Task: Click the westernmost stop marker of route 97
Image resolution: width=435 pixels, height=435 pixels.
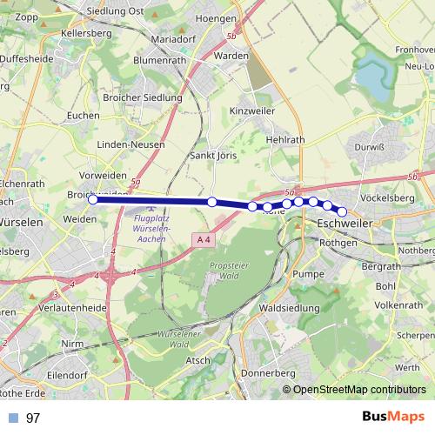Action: [x=93, y=199]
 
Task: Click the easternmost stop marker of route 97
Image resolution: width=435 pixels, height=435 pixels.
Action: [x=342, y=211]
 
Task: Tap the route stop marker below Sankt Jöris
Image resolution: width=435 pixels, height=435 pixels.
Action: [x=212, y=202]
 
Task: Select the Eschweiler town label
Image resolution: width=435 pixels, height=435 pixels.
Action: [x=344, y=224]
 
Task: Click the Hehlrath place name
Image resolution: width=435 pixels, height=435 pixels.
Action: [x=285, y=139]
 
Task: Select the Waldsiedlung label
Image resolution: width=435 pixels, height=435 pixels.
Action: [x=290, y=308]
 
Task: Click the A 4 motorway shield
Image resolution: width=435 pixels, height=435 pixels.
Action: [x=204, y=238]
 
